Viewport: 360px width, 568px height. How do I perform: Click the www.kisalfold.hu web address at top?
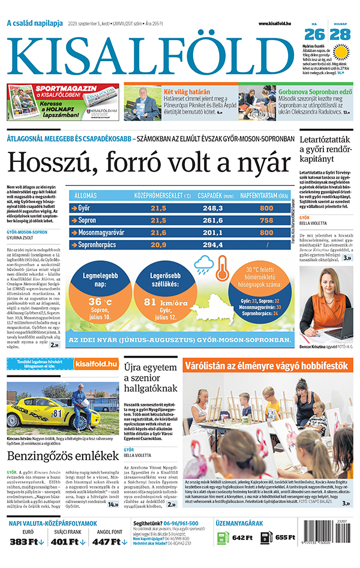tap(279, 23)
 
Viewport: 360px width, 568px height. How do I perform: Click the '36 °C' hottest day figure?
tap(100, 302)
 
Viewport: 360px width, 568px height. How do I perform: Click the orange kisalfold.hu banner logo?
tap(96, 364)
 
